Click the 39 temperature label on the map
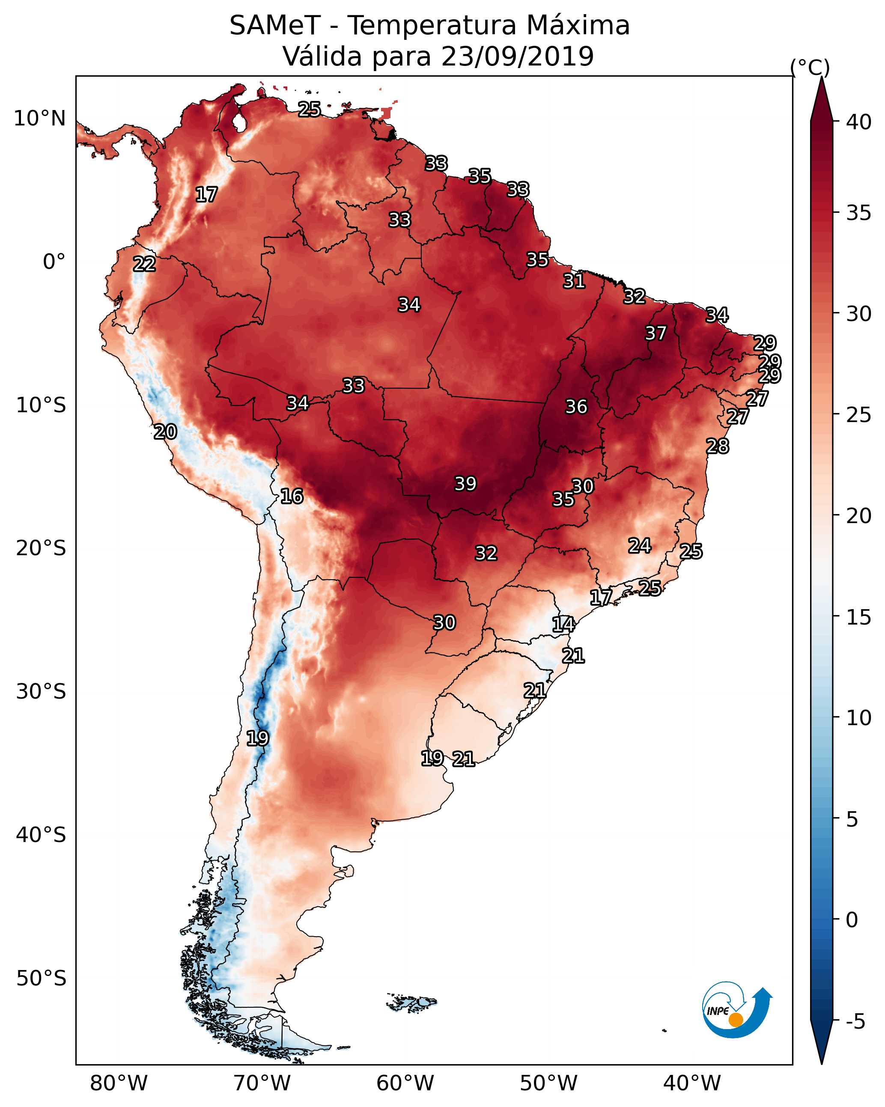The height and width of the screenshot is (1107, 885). tap(465, 483)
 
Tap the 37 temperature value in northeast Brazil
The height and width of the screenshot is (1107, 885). tap(656, 333)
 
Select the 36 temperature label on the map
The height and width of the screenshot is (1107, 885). tap(576, 407)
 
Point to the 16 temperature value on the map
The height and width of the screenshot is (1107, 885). tap(292, 496)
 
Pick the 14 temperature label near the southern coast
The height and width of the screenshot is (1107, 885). tap(563, 625)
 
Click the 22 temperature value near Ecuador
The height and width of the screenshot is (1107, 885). tap(144, 264)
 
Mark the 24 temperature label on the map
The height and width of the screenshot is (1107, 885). tap(640, 545)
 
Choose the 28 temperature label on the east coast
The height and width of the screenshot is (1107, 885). tap(717, 446)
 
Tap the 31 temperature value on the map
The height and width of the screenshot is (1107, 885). tap(574, 281)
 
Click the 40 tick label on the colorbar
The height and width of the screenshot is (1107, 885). tap(859, 122)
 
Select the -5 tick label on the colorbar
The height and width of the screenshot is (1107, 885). tap(856, 1022)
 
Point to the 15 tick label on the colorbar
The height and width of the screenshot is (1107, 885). tap(859, 617)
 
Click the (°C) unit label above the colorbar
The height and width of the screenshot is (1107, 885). tap(810, 67)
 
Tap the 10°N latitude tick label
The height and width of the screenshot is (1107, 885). tap(39, 119)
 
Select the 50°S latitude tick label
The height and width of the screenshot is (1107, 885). tap(41, 979)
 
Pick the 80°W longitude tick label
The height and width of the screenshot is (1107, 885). tap(119, 1083)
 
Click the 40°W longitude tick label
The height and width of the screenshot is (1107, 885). tap(692, 1083)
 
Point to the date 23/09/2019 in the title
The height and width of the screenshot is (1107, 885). tap(517, 56)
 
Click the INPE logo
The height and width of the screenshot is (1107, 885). tap(737, 1011)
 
